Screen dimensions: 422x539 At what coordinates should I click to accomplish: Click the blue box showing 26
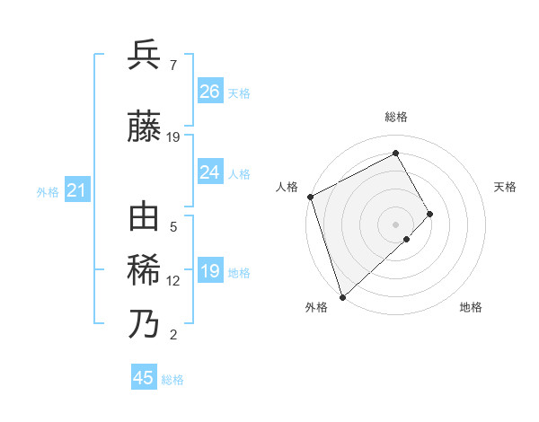210,92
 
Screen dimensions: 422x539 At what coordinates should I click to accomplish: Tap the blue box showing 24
210,172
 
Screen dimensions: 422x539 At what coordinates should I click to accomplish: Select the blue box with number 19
210,271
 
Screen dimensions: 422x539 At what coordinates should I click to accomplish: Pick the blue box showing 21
76,190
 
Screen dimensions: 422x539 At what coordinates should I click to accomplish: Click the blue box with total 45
144,378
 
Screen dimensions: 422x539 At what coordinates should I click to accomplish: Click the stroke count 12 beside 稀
173,281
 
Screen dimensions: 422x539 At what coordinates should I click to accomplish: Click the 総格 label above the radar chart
396,117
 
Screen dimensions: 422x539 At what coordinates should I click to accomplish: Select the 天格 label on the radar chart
505,187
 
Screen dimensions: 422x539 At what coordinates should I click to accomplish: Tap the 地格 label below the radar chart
471,307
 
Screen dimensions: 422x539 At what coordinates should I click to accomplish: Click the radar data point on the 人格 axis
310,197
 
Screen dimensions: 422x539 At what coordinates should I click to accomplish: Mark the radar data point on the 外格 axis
341,295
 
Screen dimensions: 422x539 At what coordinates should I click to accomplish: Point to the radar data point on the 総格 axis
396,153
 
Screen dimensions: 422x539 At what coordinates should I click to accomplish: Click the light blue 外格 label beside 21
48,191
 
